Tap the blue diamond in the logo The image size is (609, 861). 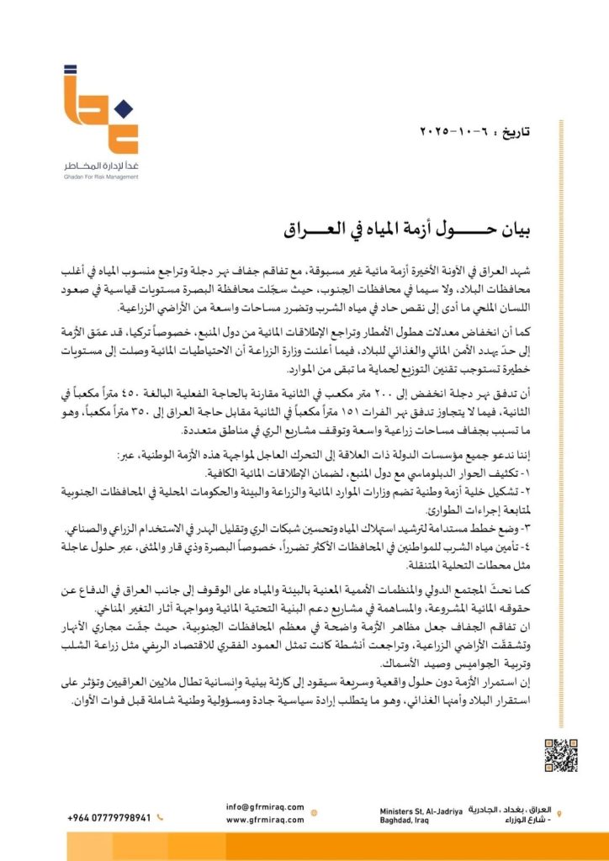coord(122,107)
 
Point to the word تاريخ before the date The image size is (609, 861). coord(520,133)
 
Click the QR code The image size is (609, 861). coord(560,753)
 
